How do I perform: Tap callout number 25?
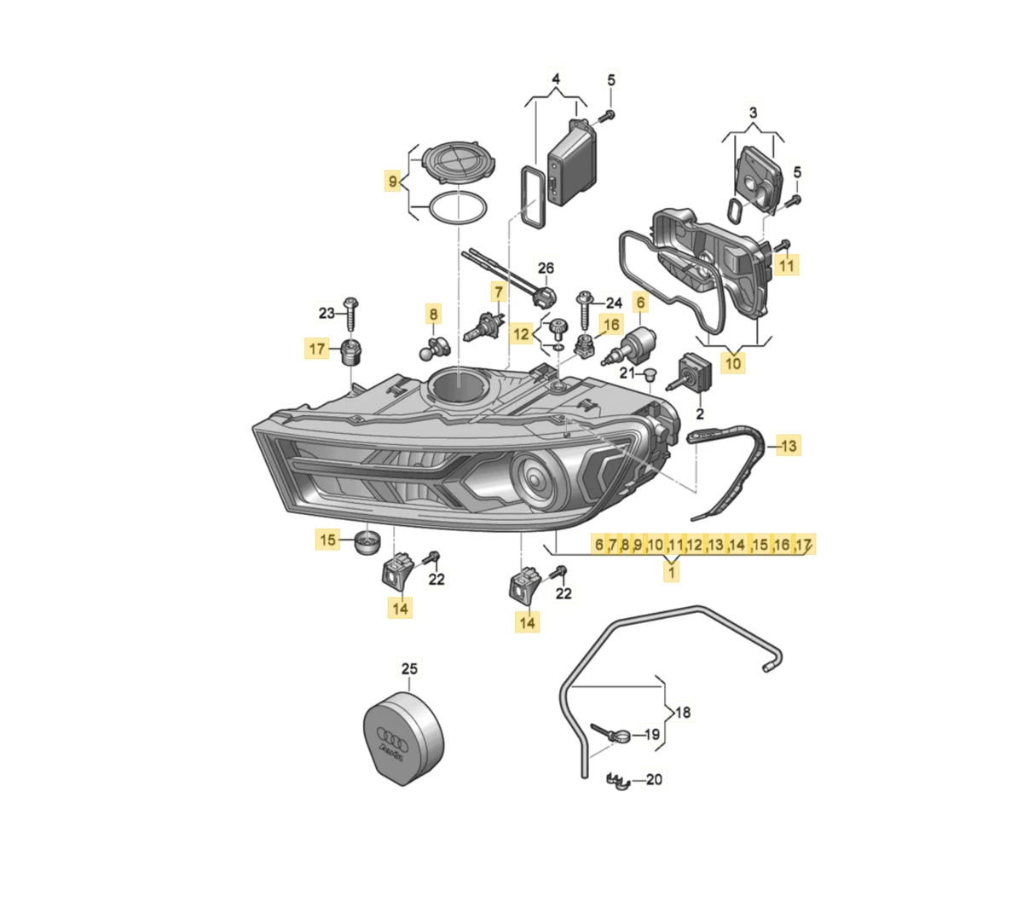[x=409, y=668]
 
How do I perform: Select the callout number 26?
[x=546, y=268]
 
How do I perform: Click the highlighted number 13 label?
[x=789, y=446]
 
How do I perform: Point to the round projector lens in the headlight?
[x=534, y=477]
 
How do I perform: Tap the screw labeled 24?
[x=586, y=309]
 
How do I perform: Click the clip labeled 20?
[x=619, y=780]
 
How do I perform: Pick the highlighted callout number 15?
[x=327, y=540]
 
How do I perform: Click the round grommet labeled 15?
[x=367, y=542]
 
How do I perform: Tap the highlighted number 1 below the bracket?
[x=671, y=572]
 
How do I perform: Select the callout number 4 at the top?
[x=556, y=79]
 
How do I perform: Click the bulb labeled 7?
[x=483, y=329]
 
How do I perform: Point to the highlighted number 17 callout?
[x=316, y=349]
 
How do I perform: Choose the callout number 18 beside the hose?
[x=682, y=713]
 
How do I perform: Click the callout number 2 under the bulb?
[x=699, y=413]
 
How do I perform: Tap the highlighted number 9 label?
[x=392, y=180]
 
